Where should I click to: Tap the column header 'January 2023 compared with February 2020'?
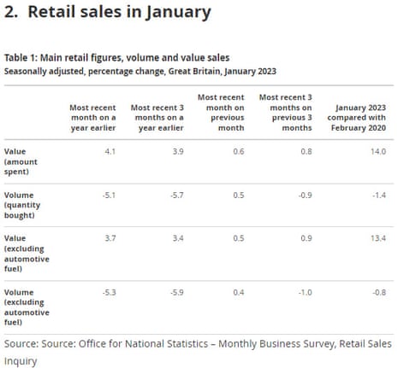coord(359,116)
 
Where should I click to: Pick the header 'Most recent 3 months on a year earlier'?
coord(160,116)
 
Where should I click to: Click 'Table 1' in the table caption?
coord(20,58)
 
